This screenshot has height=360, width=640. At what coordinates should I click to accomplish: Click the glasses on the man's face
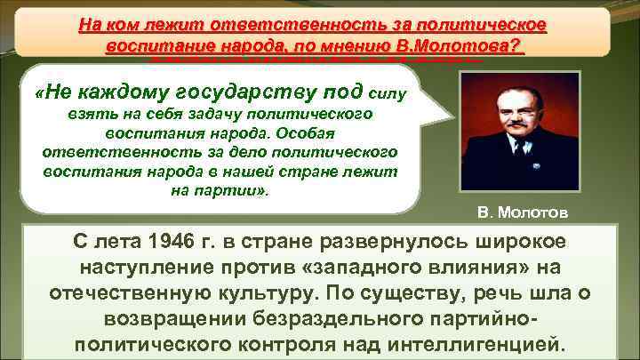click(x=512, y=104)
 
